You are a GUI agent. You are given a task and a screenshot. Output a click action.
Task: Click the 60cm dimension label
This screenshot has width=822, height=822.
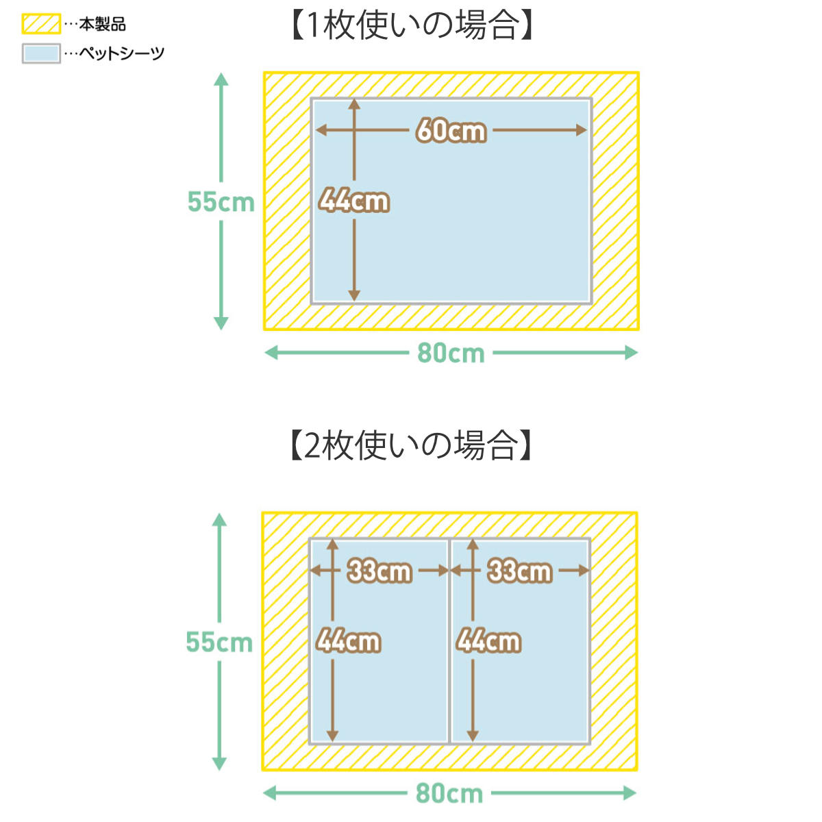pos(451,131)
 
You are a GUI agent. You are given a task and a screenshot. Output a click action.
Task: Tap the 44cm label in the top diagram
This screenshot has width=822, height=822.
pos(354,201)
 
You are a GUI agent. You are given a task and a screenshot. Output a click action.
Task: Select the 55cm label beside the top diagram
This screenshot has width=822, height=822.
pos(221,202)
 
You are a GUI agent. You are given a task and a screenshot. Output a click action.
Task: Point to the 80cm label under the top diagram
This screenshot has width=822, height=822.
pos(451,353)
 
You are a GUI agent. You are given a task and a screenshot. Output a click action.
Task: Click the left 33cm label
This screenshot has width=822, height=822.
pos(379,571)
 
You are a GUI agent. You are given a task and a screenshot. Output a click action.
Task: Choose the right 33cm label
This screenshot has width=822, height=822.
pos(519,571)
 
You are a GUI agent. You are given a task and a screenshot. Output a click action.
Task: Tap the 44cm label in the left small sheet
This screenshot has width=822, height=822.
pos(348,641)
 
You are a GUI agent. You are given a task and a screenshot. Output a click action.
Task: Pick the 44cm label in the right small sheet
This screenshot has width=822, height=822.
pos(488,641)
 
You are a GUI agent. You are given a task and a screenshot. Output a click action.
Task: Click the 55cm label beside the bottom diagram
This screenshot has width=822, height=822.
pos(219,642)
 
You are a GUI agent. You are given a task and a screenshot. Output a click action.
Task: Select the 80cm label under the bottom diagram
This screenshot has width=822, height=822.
pos(449,793)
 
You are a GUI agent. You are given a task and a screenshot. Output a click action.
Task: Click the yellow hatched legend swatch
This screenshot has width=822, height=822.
pos(41,24)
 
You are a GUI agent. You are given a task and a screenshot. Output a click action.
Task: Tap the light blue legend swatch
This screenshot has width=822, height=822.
pos(41,53)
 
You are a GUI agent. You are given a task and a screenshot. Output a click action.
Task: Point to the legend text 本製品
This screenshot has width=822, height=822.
pos(102,24)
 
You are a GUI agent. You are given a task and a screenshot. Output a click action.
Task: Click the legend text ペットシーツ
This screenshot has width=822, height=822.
pos(122,53)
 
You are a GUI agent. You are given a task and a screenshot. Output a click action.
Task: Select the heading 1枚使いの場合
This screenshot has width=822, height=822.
pos(412,25)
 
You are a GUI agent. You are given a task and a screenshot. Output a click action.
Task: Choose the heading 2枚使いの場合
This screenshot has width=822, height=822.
pos(411,445)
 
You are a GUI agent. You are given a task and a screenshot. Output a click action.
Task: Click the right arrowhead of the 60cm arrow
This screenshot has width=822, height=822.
pos(582,130)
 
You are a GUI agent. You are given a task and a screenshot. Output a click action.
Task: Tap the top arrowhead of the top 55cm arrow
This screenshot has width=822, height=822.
pos(221,79)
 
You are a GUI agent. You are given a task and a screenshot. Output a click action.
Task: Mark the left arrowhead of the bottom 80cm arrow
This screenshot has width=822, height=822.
pos(271,793)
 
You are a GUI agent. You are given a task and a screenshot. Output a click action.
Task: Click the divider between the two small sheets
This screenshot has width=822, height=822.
pos(449,642)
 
